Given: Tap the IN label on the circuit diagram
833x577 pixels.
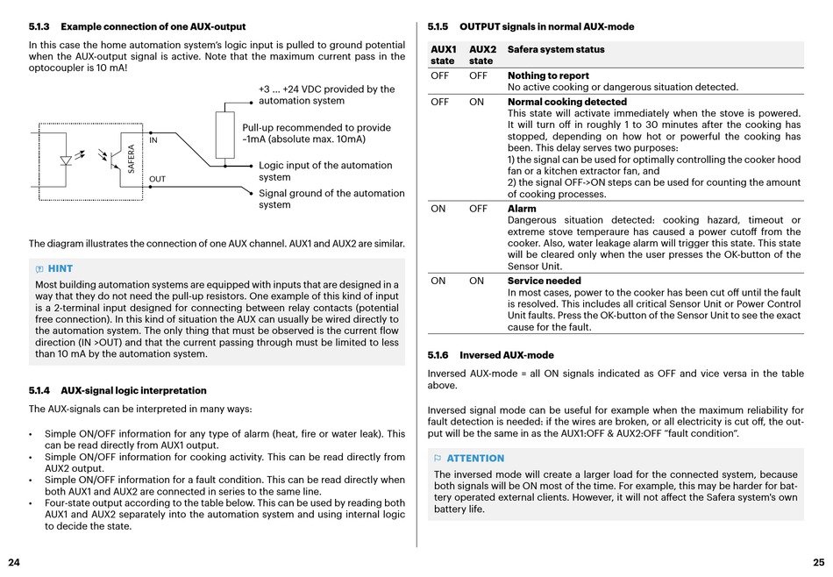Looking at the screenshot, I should point(153,139).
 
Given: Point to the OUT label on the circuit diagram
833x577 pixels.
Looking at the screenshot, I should point(157,179).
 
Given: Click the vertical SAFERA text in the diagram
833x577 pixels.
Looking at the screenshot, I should point(132,158).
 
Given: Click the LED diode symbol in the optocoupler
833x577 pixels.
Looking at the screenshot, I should point(66,160).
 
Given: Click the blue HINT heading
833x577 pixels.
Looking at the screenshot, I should point(60,268).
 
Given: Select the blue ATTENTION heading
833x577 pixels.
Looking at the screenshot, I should point(475,459).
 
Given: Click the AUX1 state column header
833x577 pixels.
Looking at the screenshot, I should point(443,55).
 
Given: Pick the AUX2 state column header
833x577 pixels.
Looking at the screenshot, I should point(482,55).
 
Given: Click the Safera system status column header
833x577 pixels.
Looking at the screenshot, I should point(556,50).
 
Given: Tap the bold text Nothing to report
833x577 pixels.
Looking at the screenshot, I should point(548,76).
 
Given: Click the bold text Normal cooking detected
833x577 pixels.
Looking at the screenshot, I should point(567,102).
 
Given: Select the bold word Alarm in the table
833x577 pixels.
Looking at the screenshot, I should point(522,209).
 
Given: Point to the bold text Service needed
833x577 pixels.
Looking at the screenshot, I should point(544,281).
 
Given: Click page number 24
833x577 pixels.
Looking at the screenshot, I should point(14,561).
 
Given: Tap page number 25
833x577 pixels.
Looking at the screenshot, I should point(819,561).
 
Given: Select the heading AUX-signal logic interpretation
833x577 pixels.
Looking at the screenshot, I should point(133,390).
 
